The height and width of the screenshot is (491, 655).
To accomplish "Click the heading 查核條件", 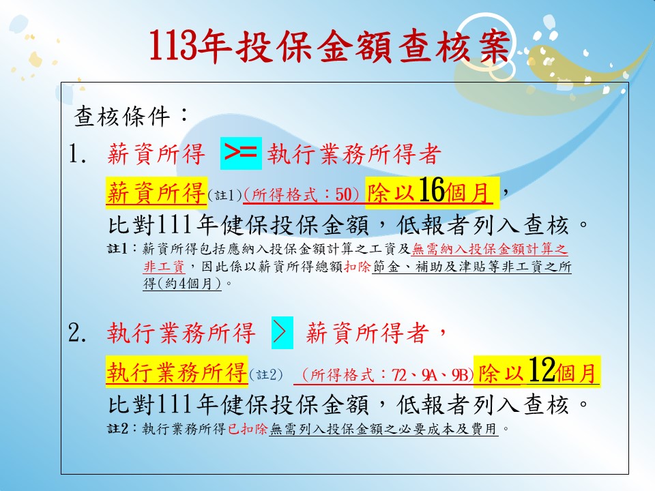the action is (x=122, y=117).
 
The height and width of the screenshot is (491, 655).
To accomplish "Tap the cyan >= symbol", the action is (x=241, y=153).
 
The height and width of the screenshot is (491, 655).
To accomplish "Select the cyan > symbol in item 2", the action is (x=282, y=332).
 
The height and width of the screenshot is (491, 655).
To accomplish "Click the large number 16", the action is (x=431, y=190).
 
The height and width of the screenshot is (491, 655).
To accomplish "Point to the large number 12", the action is (x=542, y=370).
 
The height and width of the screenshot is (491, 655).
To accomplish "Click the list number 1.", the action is (x=77, y=153).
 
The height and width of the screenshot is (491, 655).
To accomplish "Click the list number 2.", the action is (x=77, y=333).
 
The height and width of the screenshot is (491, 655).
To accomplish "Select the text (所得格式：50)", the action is (x=301, y=194).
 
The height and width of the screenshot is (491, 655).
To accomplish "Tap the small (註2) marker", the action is (x=265, y=374).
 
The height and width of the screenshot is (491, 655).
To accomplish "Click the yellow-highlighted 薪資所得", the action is (x=156, y=192).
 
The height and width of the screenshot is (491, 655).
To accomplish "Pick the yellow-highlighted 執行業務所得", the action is (x=177, y=371).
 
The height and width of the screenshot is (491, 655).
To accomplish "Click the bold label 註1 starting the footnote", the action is (x=117, y=250).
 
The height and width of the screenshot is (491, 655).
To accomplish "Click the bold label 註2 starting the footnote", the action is (x=117, y=429).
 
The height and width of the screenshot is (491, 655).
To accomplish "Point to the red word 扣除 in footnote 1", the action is (x=357, y=267).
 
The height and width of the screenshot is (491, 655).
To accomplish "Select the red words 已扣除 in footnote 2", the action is (x=248, y=429).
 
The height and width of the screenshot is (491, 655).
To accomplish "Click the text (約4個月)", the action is (x=181, y=284).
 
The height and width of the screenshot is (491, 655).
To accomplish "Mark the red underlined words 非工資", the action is (x=164, y=267).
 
